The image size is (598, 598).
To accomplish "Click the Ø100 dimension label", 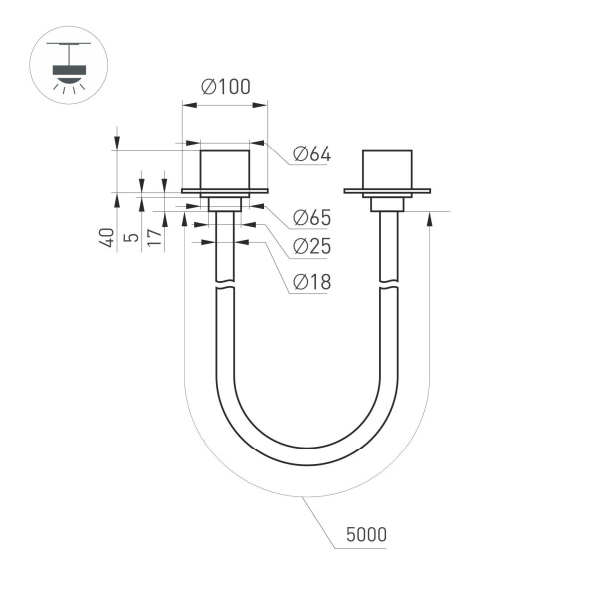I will [x=225, y=87].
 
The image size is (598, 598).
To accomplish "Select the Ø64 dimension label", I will [x=311, y=154].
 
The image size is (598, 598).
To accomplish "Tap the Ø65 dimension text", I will [x=311, y=218].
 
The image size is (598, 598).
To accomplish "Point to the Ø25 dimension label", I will [x=311, y=246].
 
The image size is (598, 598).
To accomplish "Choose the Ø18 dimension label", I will [x=311, y=282].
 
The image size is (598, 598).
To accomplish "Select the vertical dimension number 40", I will [x=105, y=238].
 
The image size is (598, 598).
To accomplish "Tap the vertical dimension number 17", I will [x=152, y=238].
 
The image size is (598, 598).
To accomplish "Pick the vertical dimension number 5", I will [x=129, y=239].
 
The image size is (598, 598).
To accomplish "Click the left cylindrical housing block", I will [x=224, y=168].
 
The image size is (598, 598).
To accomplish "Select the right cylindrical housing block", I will [x=386, y=168].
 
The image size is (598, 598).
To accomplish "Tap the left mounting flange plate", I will [x=224, y=190].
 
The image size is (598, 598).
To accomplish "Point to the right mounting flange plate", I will [x=386, y=190].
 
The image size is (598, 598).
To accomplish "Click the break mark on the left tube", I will [x=225, y=287].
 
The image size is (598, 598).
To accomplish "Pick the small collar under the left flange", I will [x=224, y=203].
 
